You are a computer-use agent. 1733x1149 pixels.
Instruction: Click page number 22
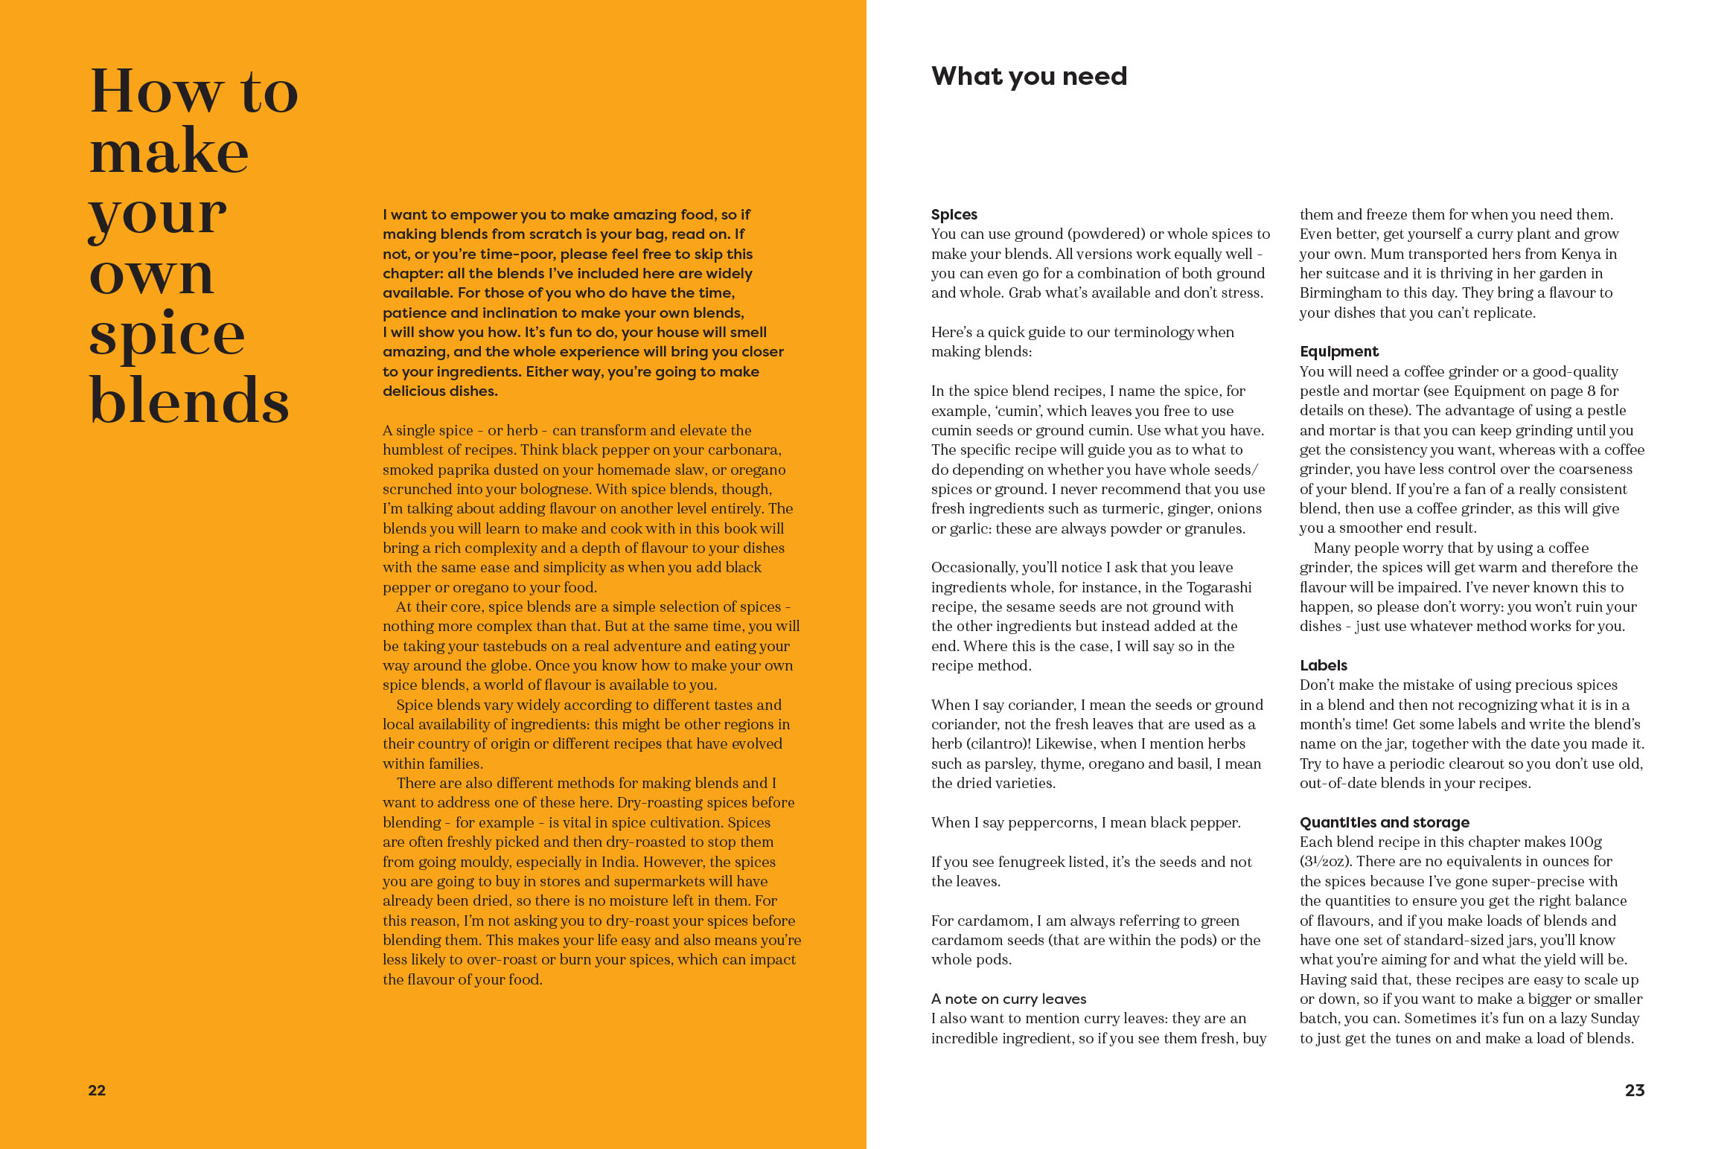[97, 1090]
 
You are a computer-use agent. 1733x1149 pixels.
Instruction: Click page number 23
[1634, 1090]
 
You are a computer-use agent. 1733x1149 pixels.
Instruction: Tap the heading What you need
[1029, 76]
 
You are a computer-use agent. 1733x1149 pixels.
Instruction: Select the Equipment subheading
[1338, 351]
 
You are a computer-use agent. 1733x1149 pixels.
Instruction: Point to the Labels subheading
[1323, 665]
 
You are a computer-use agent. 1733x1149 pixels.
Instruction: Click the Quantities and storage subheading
[1384, 822]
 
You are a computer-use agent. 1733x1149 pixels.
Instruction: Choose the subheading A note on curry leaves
[1008, 999]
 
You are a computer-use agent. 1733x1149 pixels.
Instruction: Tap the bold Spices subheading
[954, 214]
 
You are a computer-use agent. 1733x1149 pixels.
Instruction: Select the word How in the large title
[156, 92]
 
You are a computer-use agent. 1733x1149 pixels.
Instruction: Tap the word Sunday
[1615, 1018]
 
